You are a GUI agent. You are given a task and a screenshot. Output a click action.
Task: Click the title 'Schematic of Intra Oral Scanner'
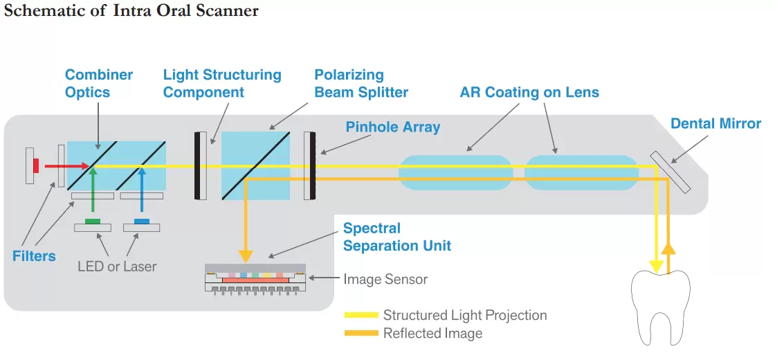click(x=131, y=12)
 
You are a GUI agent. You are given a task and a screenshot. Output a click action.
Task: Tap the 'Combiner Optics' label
click(x=99, y=83)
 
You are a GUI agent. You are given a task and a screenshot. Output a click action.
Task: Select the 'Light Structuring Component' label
click(x=222, y=83)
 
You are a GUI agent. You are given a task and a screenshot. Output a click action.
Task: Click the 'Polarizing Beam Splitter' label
click(x=361, y=83)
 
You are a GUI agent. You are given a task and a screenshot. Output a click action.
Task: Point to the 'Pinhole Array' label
click(x=393, y=127)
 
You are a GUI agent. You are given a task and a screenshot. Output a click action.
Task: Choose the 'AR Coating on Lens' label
click(x=529, y=92)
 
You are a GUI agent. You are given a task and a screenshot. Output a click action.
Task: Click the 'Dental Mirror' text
click(x=715, y=124)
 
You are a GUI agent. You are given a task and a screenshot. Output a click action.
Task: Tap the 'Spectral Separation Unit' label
click(x=397, y=237)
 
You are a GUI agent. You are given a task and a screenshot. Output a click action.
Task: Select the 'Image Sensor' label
click(x=385, y=280)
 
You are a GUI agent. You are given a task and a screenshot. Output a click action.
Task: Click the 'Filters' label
click(x=34, y=256)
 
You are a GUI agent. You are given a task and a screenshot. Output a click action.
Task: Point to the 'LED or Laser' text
click(x=117, y=266)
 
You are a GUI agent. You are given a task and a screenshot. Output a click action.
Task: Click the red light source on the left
click(x=35, y=165)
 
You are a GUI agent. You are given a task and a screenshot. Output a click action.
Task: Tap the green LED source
click(x=92, y=222)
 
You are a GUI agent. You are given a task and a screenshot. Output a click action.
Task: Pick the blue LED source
click(x=141, y=222)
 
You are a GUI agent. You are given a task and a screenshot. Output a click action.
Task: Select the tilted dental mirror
click(x=669, y=172)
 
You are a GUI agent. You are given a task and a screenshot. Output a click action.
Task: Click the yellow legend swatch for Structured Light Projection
click(x=361, y=316)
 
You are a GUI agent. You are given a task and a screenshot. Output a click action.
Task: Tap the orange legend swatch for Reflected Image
click(x=361, y=334)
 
